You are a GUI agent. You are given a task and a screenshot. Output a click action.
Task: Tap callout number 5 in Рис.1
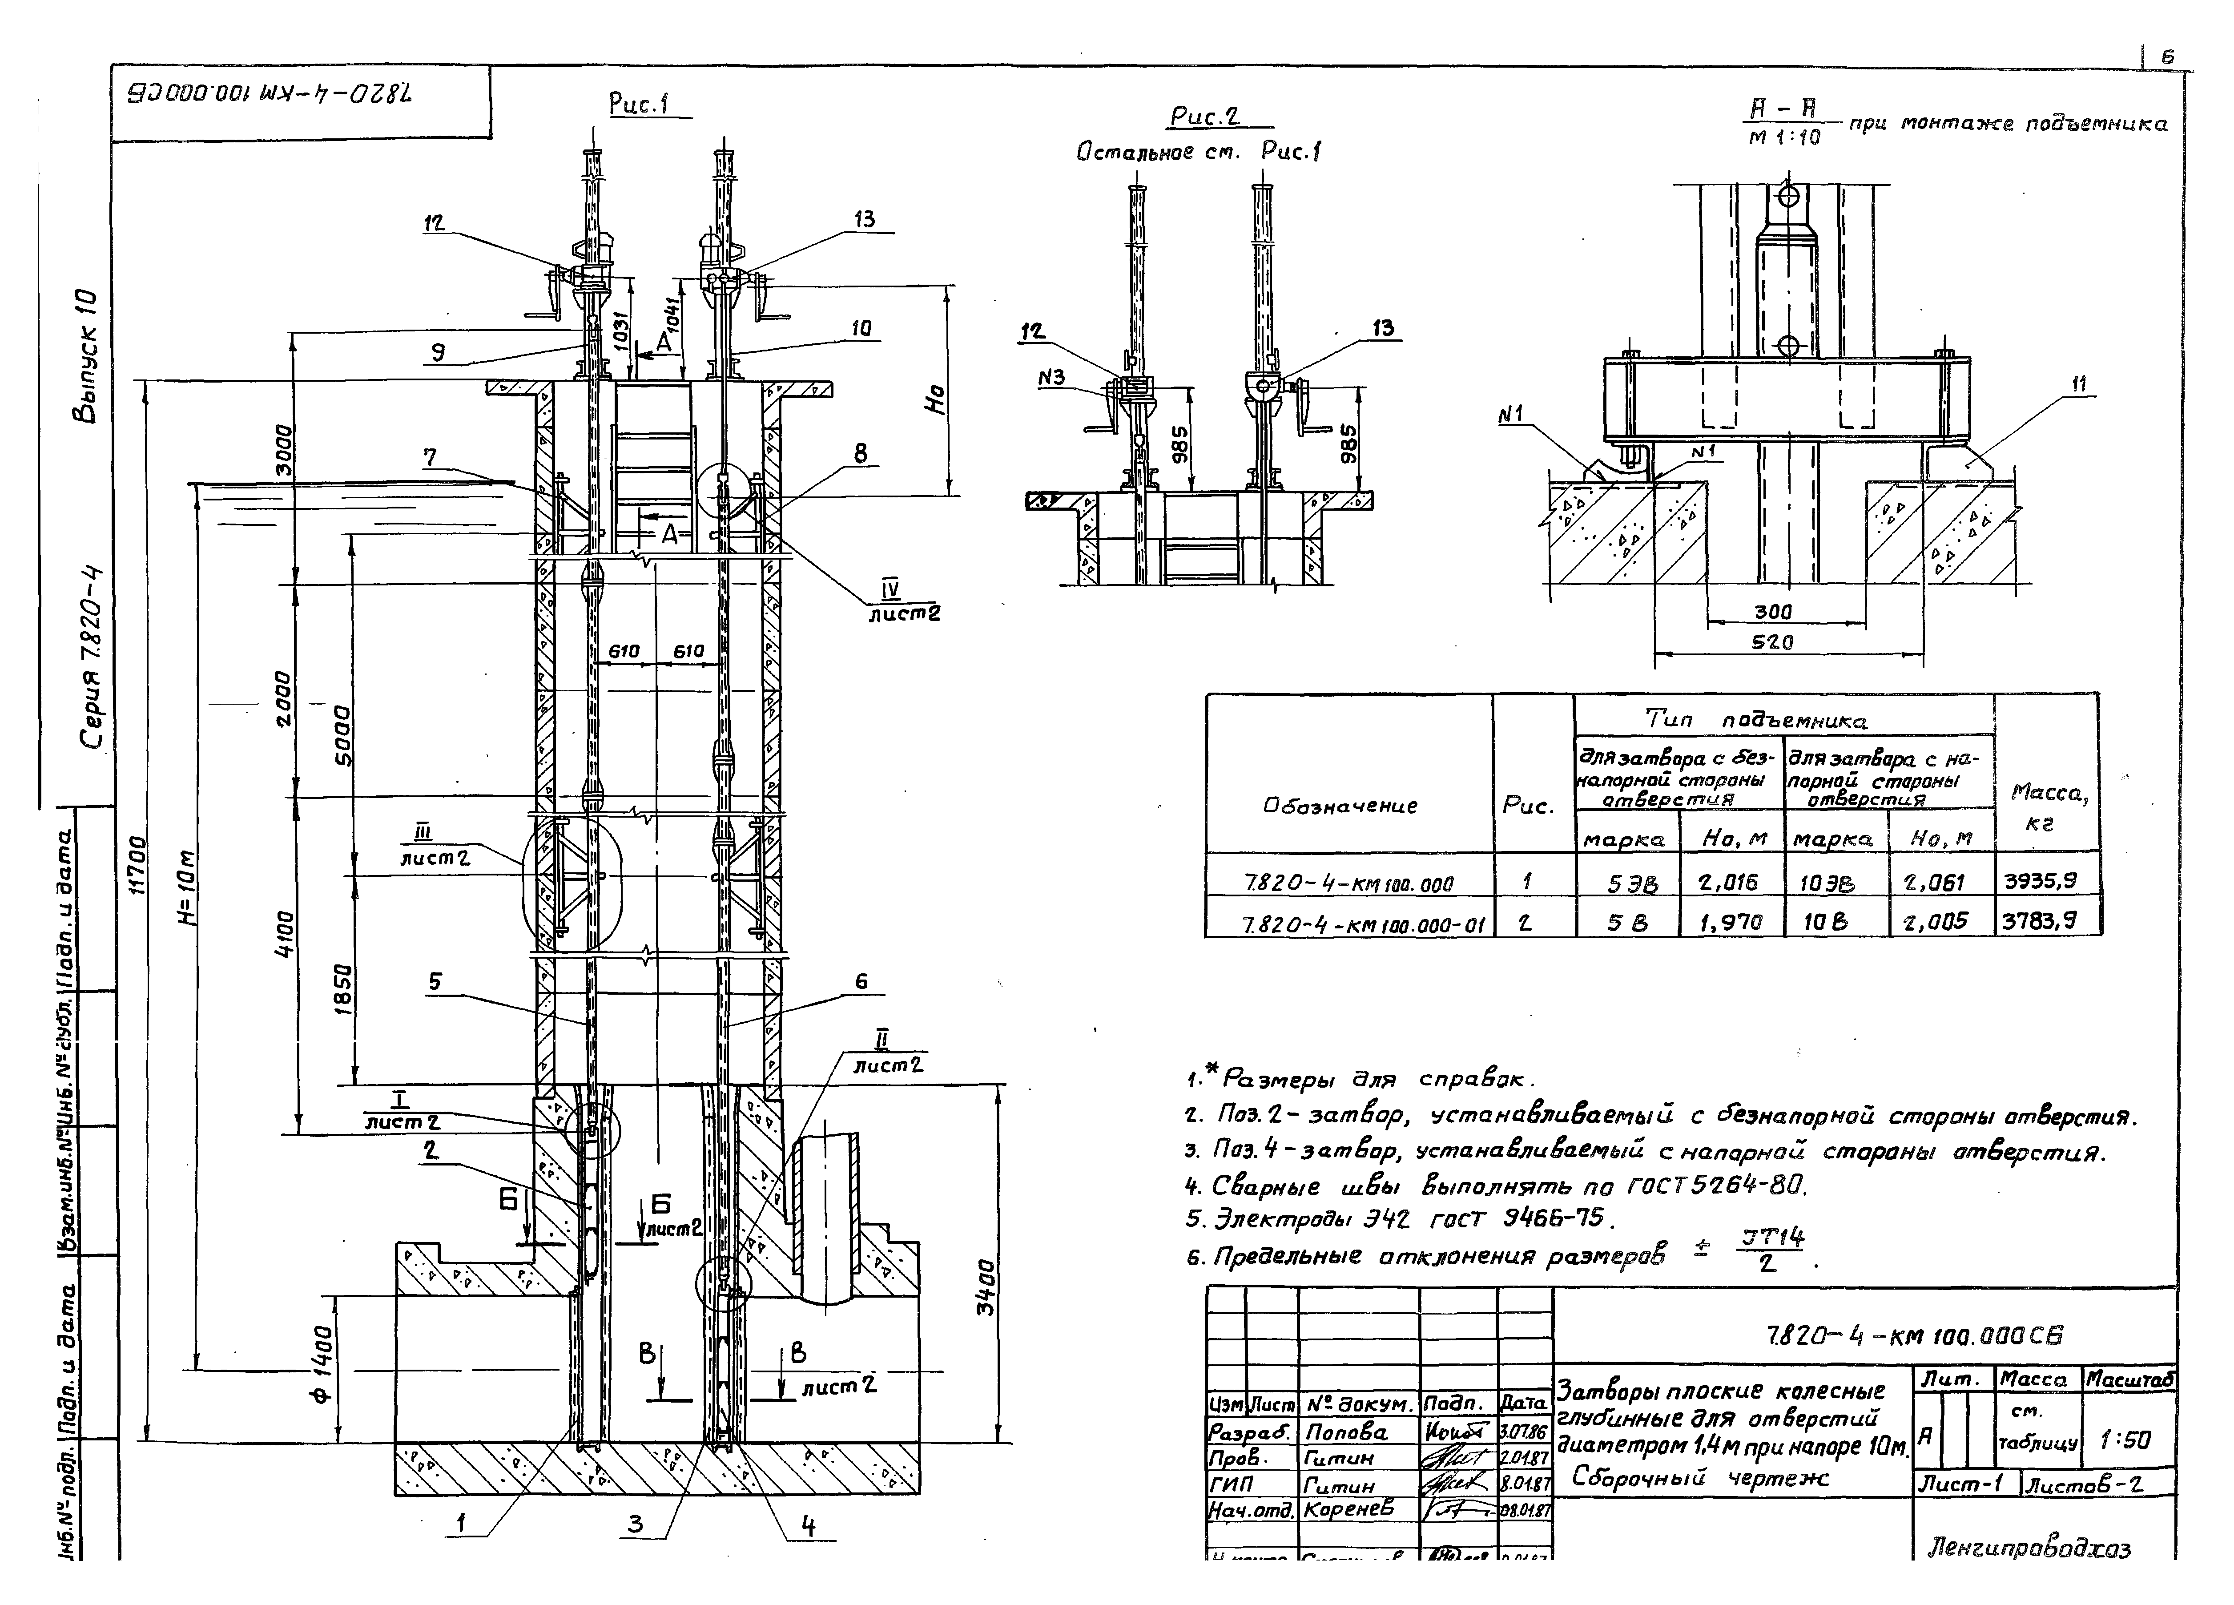pyautogui.click(x=435, y=981)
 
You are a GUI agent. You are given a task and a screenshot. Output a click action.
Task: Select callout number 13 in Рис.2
pyautogui.click(x=1383, y=328)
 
